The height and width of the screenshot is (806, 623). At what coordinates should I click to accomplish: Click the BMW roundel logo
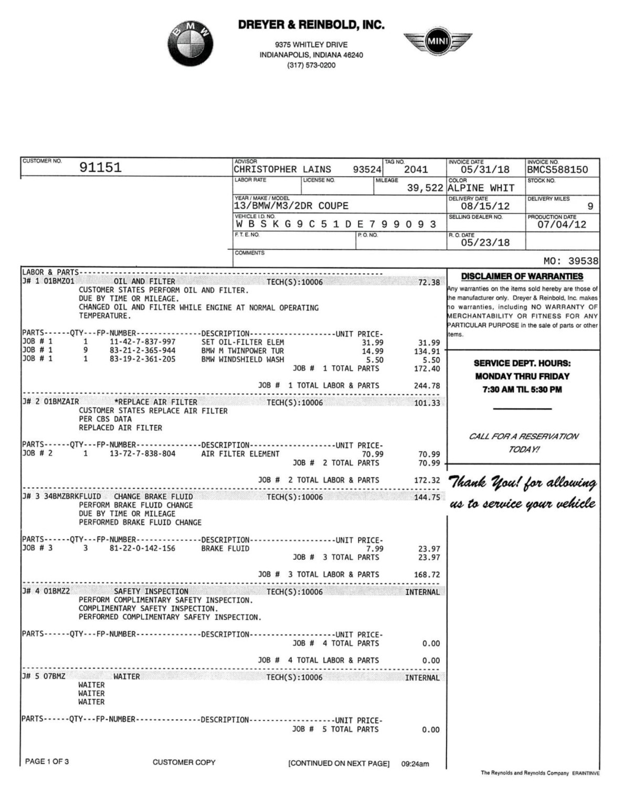tap(191, 44)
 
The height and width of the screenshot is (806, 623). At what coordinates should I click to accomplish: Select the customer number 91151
tap(100, 167)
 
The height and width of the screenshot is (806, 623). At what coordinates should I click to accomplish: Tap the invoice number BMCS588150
tap(557, 169)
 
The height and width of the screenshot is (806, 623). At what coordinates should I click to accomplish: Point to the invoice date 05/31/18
tap(485, 169)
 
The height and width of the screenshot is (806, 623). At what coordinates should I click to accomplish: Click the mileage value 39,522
tap(425, 188)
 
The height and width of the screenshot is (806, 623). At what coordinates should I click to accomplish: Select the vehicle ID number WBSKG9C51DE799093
tap(336, 224)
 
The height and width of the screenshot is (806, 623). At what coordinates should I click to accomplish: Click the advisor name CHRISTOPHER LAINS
tap(282, 169)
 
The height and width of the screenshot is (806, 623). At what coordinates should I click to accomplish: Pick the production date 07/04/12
tap(562, 225)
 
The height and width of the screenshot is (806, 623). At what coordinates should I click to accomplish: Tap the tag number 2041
tap(416, 169)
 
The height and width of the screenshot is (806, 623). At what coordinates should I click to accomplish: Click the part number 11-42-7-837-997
tap(142, 342)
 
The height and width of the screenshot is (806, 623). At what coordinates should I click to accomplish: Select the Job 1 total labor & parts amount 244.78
tap(427, 386)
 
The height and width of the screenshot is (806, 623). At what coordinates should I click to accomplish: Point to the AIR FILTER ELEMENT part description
tap(240, 454)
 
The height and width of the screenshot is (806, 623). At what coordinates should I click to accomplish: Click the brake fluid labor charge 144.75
tap(427, 497)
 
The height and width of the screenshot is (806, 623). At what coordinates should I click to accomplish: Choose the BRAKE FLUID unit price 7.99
tap(375, 549)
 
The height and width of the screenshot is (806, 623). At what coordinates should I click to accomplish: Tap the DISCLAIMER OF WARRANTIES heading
tap(522, 277)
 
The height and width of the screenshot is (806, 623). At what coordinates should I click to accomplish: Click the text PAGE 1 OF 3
tap(47, 761)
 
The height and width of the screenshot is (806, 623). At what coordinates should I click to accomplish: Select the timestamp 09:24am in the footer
tap(415, 764)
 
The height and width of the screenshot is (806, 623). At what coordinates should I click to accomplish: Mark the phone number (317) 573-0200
tap(311, 66)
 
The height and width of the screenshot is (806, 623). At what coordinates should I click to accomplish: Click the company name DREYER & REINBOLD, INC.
tap(311, 25)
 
